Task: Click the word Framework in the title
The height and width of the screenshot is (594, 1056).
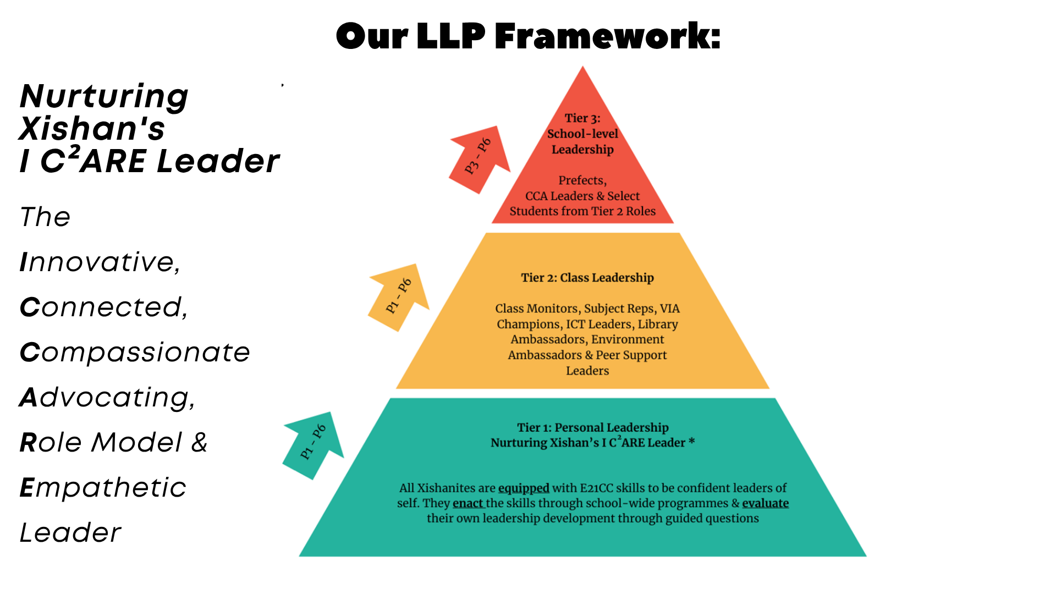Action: click(x=607, y=36)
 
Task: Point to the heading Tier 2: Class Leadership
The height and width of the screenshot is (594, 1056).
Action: click(x=587, y=278)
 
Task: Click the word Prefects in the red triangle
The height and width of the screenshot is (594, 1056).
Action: click(x=582, y=180)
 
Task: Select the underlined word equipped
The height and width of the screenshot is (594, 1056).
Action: click(x=524, y=488)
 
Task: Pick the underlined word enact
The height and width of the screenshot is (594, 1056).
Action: click(x=468, y=503)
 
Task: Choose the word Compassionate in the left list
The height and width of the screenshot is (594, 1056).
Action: click(x=135, y=352)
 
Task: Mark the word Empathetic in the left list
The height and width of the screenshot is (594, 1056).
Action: click(x=103, y=487)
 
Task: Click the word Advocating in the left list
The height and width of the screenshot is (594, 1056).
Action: click(x=107, y=397)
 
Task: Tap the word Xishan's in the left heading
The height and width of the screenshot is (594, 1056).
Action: click(x=92, y=129)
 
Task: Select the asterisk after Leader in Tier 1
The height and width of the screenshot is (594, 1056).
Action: click(x=692, y=442)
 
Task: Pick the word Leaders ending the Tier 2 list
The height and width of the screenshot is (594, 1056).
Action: click(x=587, y=371)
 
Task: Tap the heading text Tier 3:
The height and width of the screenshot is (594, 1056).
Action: click(x=582, y=118)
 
